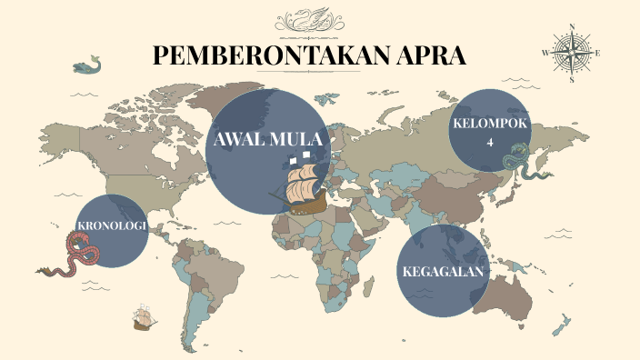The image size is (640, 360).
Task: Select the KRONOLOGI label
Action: [111, 226]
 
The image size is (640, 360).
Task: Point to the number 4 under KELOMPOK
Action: [489, 143]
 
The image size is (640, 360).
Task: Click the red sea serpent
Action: [75, 255]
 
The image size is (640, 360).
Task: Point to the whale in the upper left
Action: [86, 65]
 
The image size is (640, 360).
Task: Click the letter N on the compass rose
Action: [572, 26]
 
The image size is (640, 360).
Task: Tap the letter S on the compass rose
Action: [572, 80]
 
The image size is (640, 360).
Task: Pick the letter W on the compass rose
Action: [545, 54]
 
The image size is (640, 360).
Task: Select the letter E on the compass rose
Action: [598, 54]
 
